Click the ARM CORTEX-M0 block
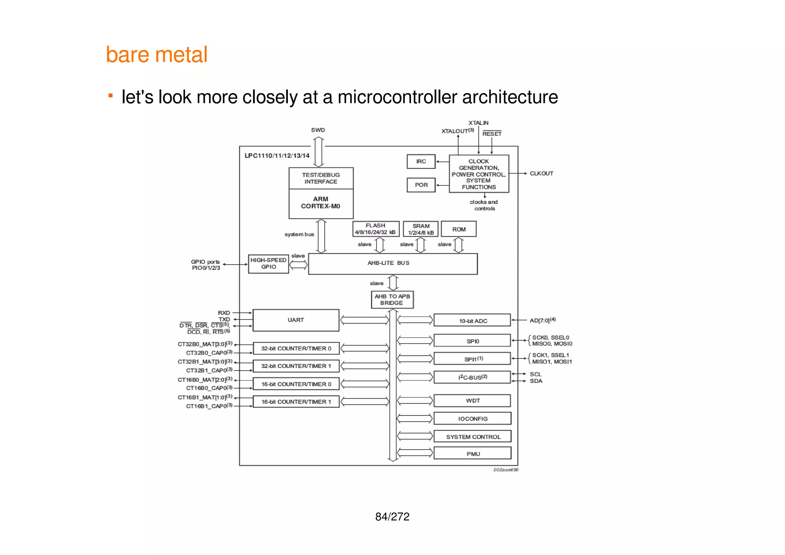point(321,203)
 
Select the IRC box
point(421,161)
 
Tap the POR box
point(421,185)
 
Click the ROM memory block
point(458,229)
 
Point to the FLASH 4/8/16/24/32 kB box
point(376,229)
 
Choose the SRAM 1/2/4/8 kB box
point(420,229)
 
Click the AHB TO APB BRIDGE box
point(392,299)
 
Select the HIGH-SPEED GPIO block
point(268,264)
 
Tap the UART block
point(296,320)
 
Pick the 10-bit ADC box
point(472,320)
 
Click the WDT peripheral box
point(472,401)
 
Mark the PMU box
point(472,453)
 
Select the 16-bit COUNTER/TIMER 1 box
point(296,402)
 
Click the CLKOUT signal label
point(541,173)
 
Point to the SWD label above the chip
point(318,130)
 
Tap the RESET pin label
point(492,134)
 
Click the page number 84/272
point(392,517)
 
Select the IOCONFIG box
point(472,419)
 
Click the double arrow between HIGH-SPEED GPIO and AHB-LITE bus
point(298,264)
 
